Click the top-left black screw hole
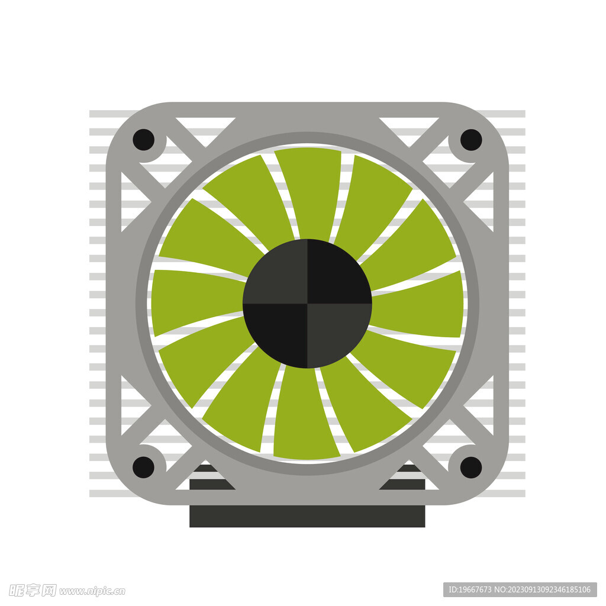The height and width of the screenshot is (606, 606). (x=143, y=140)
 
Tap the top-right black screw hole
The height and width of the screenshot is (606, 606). (x=471, y=140)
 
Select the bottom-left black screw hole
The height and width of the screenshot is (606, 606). (x=143, y=468)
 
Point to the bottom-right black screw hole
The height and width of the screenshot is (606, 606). (x=471, y=468)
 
